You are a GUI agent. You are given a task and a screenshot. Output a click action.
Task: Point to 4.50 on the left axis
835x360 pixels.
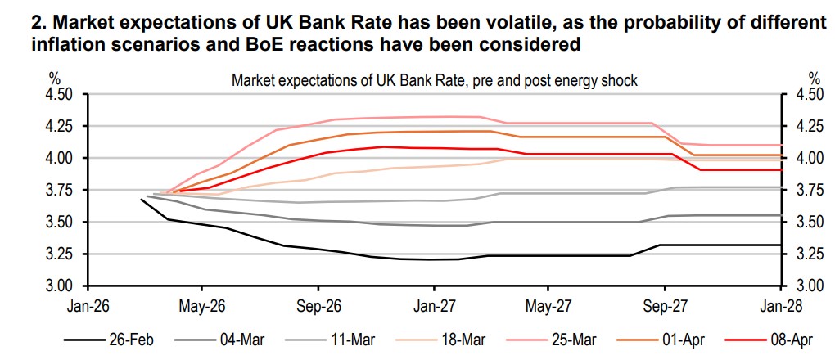coord(61,94)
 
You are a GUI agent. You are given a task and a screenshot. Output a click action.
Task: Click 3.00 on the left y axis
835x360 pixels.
coord(61,286)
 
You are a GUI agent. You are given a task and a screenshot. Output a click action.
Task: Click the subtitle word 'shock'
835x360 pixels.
coord(619,81)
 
